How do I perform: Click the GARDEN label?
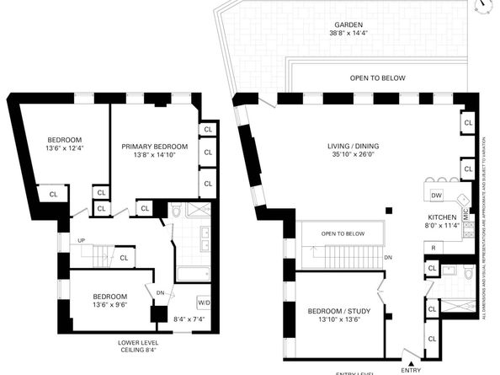point(354,25)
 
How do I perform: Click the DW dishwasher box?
point(436,196)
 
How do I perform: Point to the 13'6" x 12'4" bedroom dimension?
point(65,148)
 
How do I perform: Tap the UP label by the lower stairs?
point(81,240)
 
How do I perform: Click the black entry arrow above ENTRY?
point(410,360)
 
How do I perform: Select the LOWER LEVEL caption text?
point(140,343)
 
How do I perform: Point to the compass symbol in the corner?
point(482,6)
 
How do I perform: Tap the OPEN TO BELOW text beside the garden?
point(378,78)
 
